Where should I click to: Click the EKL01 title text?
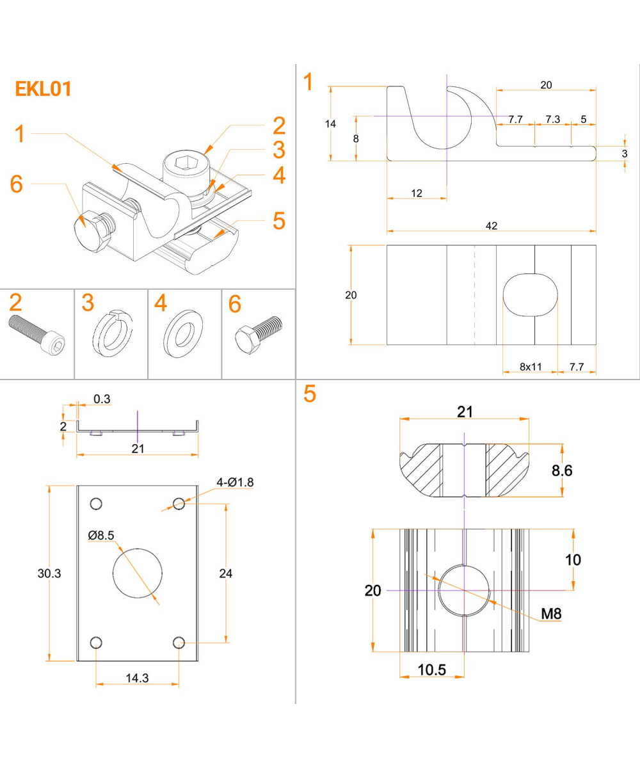(x=43, y=89)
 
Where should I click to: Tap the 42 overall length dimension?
(x=492, y=225)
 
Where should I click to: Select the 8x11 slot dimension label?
(x=530, y=367)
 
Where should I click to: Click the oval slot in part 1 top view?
(x=530, y=294)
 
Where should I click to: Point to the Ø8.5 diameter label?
(x=102, y=534)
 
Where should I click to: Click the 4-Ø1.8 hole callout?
(x=235, y=483)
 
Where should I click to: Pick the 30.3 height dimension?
(x=49, y=573)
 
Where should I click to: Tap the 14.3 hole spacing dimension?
(x=137, y=678)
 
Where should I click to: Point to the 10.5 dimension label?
(x=432, y=669)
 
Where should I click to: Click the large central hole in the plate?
(x=138, y=573)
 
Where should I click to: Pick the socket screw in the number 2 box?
(x=38, y=333)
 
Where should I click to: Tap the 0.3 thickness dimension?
(x=102, y=399)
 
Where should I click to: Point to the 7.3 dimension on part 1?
(x=552, y=119)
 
